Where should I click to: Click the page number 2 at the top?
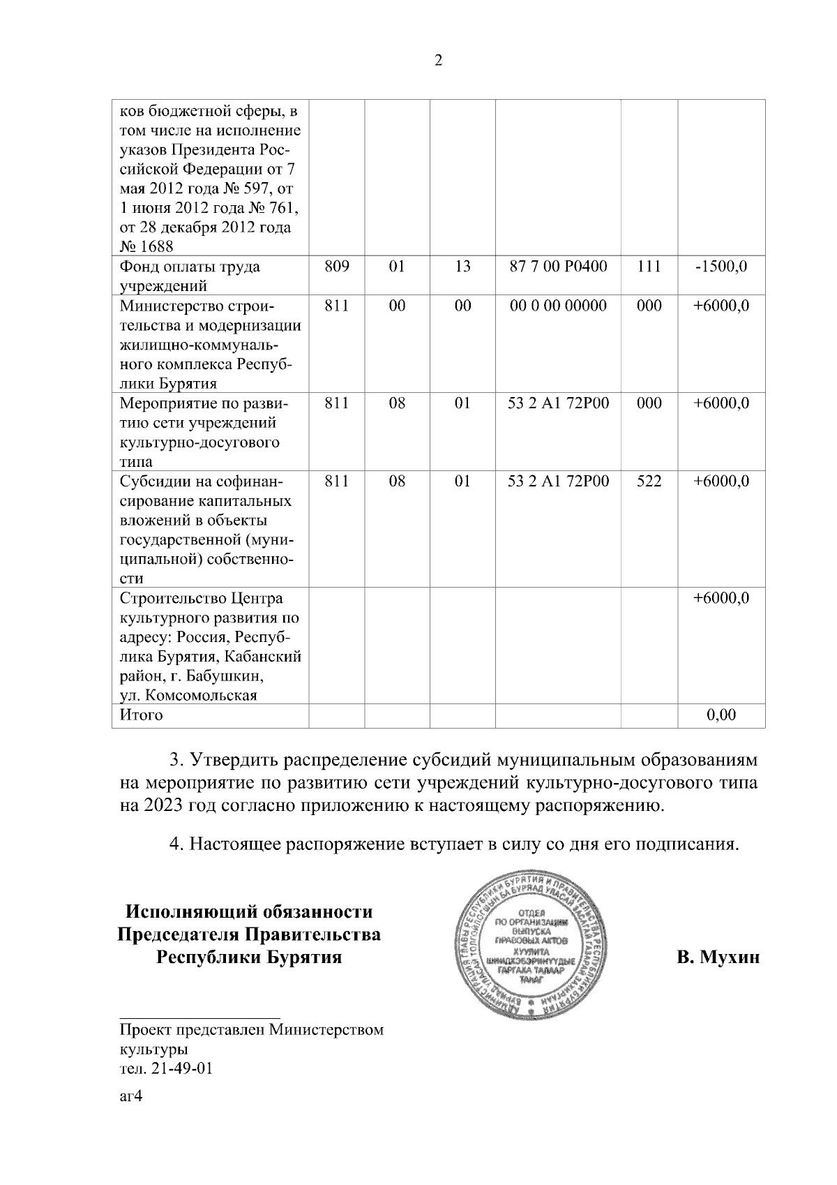click(x=438, y=61)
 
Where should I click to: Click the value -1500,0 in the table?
click(x=721, y=267)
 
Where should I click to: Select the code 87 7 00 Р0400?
click(x=558, y=267)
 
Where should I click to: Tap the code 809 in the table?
click(x=336, y=267)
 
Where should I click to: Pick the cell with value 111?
click(x=649, y=267)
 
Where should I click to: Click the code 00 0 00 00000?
click(x=558, y=306)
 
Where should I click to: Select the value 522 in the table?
click(x=649, y=481)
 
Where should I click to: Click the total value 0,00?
click(x=721, y=715)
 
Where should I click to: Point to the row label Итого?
click(x=142, y=715)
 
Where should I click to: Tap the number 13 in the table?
click(x=462, y=267)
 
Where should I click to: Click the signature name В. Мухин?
click(x=718, y=957)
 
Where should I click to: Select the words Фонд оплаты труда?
click(x=190, y=267)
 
